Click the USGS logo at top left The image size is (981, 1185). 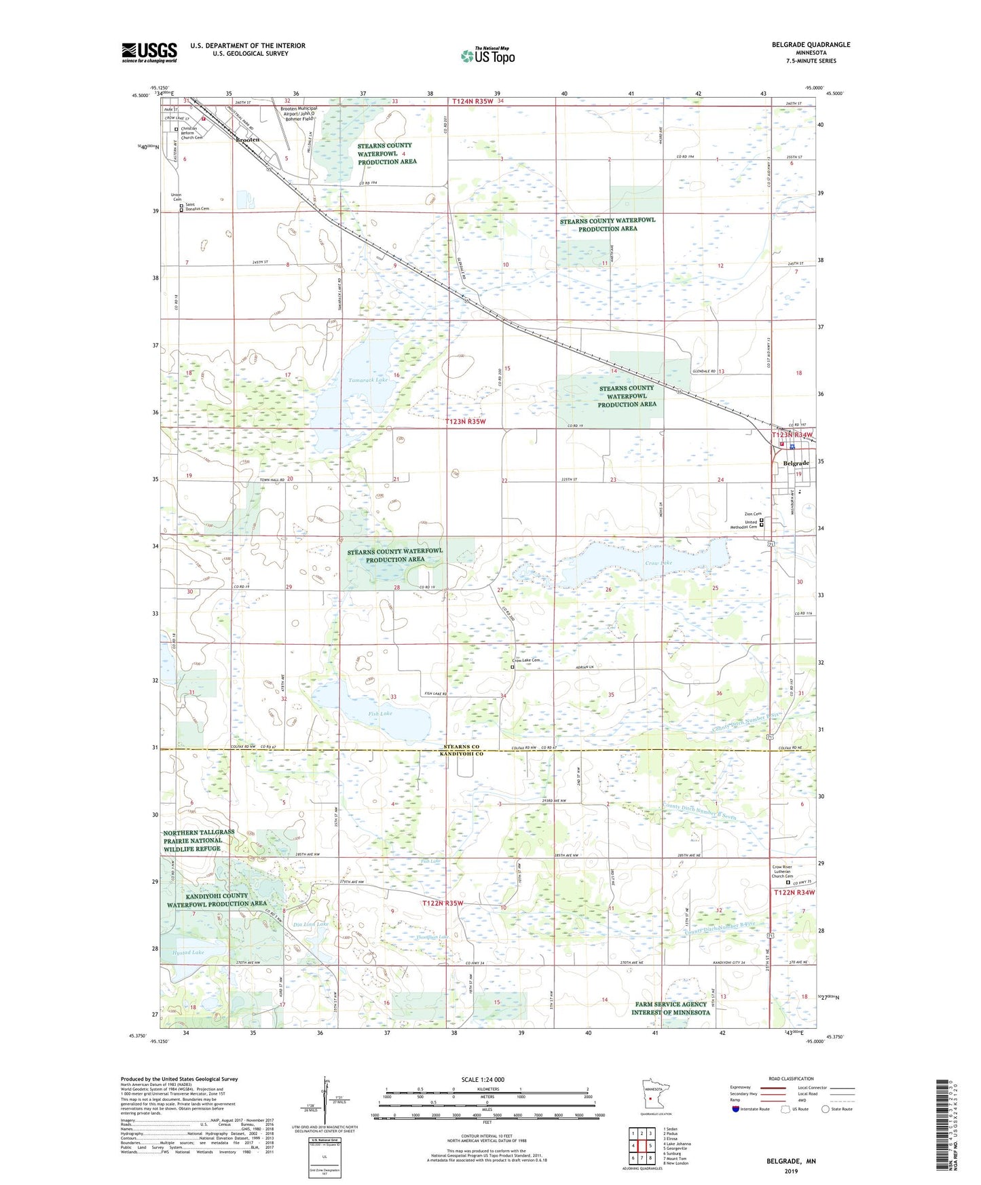(x=149, y=52)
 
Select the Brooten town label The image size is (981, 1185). (x=247, y=139)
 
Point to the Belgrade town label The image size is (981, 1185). (x=796, y=463)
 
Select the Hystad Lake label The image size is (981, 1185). (x=188, y=952)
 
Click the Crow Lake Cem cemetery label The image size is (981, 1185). (x=527, y=660)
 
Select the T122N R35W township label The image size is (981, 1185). (x=443, y=903)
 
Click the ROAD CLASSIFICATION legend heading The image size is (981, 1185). (x=791, y=1078)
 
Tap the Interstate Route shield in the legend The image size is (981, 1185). (x=736, y=1109)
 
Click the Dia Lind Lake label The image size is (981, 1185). (x=311, y=924)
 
